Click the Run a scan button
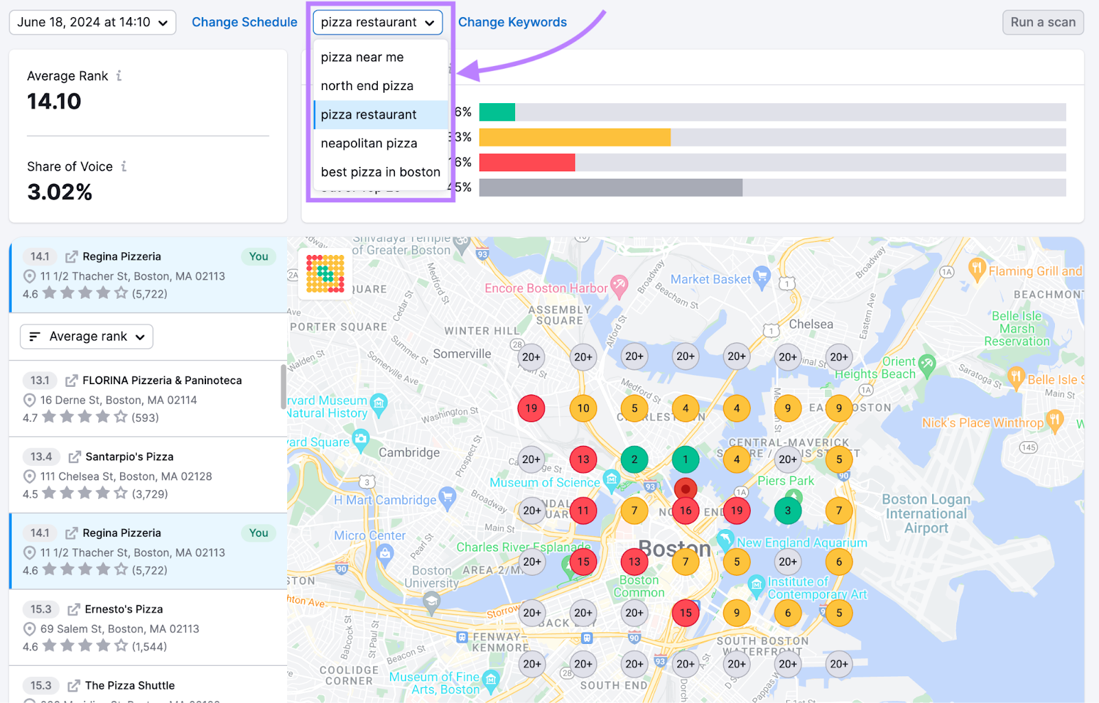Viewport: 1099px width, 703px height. click(1043, 22)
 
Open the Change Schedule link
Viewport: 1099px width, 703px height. click(244, 22)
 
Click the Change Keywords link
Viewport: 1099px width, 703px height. click(512, 22)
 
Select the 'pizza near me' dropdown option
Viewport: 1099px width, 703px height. click(362, 57)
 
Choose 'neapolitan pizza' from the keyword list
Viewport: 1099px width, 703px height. click(369, 143)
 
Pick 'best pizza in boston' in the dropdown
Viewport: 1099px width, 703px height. click(380, 172)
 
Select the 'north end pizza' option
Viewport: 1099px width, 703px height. click(367, 86)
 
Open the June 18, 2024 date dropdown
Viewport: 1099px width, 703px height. click(92, 22)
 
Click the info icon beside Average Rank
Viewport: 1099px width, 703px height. click(119, 76)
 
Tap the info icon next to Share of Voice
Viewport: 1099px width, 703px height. click(124, 166)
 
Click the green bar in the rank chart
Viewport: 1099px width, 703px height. click(497, 112)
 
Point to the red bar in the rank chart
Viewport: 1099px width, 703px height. click(527, 162)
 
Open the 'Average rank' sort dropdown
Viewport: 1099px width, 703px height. click(87, 337)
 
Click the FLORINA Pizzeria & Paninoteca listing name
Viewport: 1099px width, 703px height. click(162, 380)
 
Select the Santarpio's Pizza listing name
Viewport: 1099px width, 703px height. click(129, 456)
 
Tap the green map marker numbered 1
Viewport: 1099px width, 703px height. click(685, 459)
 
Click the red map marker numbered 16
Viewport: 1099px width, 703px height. click(685, 511)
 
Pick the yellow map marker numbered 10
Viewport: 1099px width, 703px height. click(582, 408)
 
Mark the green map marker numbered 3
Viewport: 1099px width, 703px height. click(787, 511)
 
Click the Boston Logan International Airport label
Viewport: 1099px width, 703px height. click(926, 513)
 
